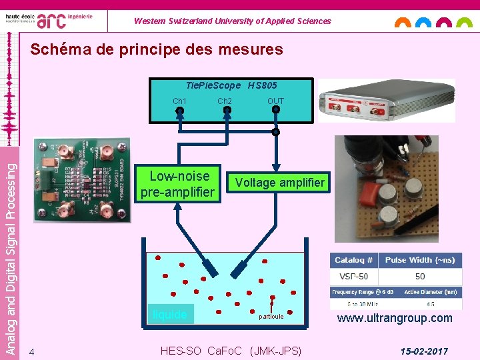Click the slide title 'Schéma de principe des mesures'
(x=157, y=49)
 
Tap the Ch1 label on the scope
(x=179, y=101)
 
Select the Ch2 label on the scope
(x=225, y=101)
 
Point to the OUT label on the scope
(x=275, y=101)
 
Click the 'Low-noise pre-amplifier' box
(x=177, y=185)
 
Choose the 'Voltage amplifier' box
(x=279, y=182)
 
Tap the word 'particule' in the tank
(x=271, y=316)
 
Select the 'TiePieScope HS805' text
(x=231, y=85)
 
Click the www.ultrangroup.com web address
(x=395, y=318)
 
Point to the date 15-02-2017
(x=424, y=351)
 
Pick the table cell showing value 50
(x=419, y=276)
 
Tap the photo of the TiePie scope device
(x=386, y=100)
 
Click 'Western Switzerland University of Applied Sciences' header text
(x=232, y=21)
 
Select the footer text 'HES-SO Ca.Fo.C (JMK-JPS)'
(x=231, y=351)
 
